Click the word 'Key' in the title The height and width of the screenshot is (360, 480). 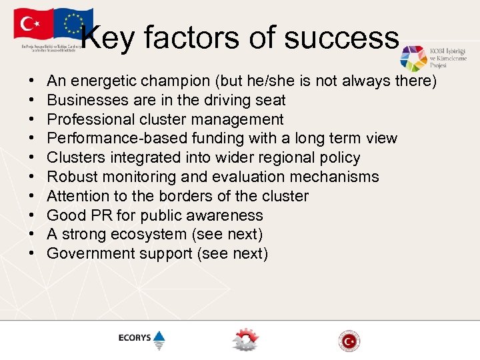[109, 38]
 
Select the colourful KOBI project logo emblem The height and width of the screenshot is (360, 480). [413, 59]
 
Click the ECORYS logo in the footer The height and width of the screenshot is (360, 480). [141, 339]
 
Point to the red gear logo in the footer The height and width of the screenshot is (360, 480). [245, 339]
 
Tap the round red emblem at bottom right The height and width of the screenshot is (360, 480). [349, 341]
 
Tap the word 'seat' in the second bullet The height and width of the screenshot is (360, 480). [273, 101]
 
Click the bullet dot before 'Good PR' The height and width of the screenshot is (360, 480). [33, 215]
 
